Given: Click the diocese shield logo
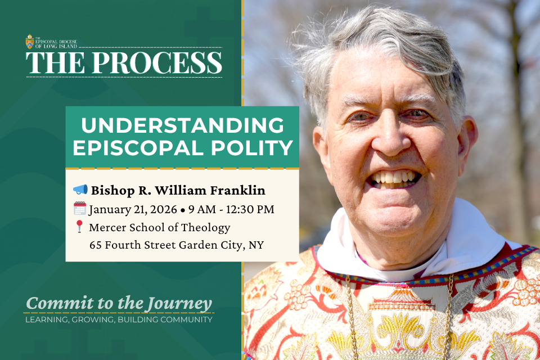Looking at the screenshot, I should coord(30,42).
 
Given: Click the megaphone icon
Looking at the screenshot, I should coord(80,189).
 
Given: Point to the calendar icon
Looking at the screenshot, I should coord(80,209).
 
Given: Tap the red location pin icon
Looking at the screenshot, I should coord(79,227).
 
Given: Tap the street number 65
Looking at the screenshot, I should coord(96,245).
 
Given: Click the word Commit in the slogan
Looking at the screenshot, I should coord(51,304).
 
